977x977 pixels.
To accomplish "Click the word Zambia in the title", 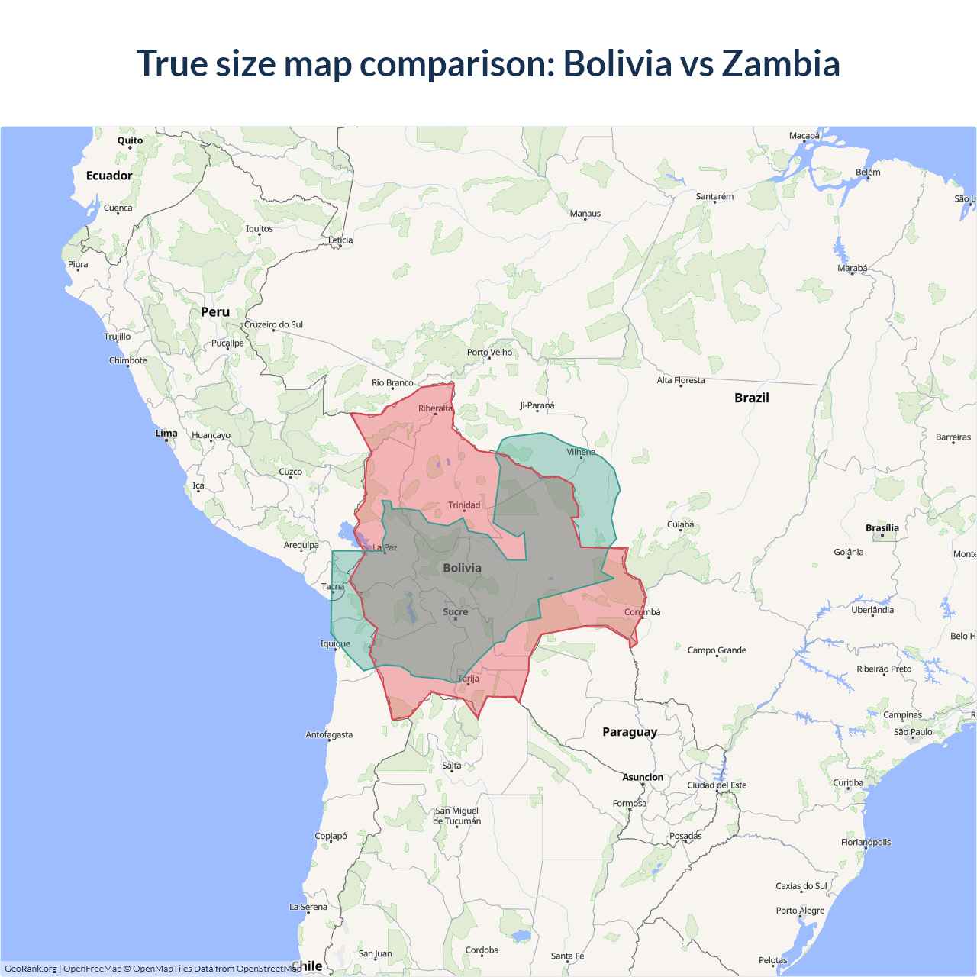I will click(x=780, y=63).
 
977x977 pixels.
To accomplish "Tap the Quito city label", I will click(x=130, y=140).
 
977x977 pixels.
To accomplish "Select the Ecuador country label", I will click(x=109, y=176).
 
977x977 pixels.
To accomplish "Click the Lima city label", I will click(x=166, y=433).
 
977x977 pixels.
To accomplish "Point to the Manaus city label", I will click(x=585, y=214).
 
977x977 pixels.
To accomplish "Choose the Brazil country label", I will click(x=751, y=398).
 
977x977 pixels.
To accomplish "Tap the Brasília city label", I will click(x=882, y=528).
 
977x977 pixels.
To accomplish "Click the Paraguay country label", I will click(x=630, y=732).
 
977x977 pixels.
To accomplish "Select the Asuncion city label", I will click(x=643, y=777).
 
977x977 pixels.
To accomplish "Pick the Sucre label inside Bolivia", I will click(x=456, y=611).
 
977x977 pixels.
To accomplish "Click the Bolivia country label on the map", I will click(x=462, y=568).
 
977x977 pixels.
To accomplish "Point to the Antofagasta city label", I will click(x=329, y=734).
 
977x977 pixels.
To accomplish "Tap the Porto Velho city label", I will click(x=489, y=352).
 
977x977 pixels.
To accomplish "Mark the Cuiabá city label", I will click(x=681, y=524).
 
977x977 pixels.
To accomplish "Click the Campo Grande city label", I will click(x=717, y=650).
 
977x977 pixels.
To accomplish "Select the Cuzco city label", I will click(x=290, y=472).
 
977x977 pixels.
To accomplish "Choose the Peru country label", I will click(x=215, y=312).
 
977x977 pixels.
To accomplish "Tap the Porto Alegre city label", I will click(x=800, y=911).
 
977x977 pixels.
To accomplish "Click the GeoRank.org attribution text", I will click(x=31, y=969).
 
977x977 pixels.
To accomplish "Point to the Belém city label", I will click(x=868, y=172).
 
